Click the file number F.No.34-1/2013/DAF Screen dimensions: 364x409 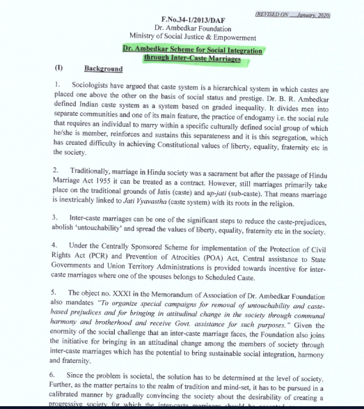183,19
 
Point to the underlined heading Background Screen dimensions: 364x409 103,69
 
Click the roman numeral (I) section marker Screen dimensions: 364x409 58,69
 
